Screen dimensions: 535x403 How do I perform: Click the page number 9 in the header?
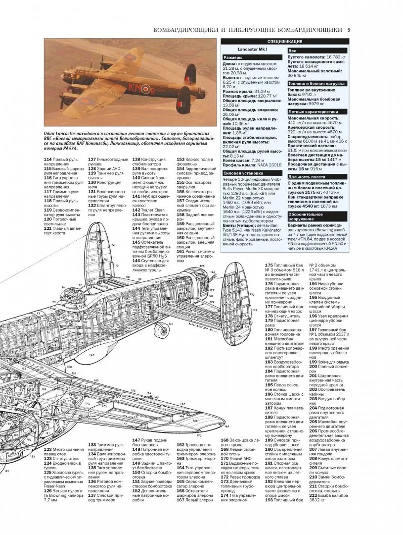click(349, 30)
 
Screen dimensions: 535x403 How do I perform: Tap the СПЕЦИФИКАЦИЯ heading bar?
click(285, 42)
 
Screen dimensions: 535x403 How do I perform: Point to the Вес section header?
click(293, 51)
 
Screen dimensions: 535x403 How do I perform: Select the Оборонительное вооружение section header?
click(305, 216)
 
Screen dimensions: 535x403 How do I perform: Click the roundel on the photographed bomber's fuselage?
click(145, 90)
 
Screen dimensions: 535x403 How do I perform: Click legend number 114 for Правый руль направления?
click(48, 160)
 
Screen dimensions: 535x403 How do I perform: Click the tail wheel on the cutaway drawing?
click(159, 329)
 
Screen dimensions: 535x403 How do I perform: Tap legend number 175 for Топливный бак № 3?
click(269, 266)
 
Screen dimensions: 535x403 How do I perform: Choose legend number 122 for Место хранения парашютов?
click(48, 449)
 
